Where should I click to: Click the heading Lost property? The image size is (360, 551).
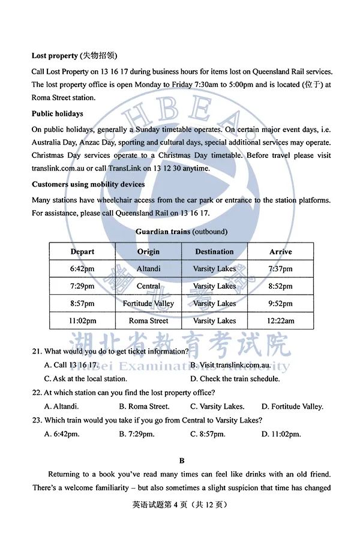[x=55, y=56]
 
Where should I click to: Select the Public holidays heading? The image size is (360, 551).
[x=58, y=113]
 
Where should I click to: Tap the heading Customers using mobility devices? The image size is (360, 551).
[x=88, y=184]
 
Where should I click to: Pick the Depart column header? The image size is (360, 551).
[x=82, y=251]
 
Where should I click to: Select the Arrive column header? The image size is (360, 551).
[x=280, y=251]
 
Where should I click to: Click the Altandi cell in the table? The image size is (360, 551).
[x=148, y=269]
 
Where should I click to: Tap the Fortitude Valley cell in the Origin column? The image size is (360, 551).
[x=148, y=304]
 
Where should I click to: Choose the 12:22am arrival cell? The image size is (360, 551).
[x=280, y=321]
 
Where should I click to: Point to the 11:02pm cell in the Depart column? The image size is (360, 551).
[x=82, y=321]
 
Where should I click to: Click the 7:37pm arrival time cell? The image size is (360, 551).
[x=280, y=269]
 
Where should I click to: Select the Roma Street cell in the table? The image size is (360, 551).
[x=148, y=321]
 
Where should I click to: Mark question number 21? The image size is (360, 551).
[x=37, y=351]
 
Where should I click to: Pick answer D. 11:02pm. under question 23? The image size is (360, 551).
[x=281, y=434]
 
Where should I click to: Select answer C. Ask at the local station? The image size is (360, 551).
[x=85, y=379]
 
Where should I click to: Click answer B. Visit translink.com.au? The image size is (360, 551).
[x=230, y=365]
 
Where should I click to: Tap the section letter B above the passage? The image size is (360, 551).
[x=182, y=461]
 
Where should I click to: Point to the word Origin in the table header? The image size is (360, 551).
[x=148, y=251]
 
